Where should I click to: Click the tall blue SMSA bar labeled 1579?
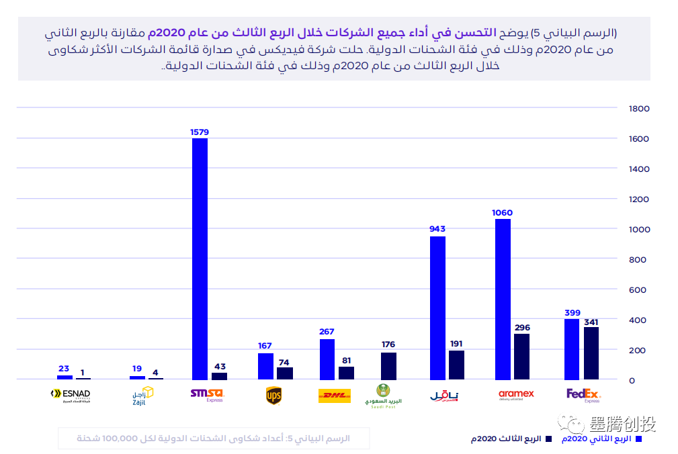200,259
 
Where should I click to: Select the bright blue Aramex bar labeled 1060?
503,300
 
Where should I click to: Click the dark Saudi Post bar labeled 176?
388,367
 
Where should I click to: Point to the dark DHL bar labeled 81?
346,373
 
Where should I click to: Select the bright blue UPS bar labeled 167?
265,367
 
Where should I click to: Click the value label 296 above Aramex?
522,328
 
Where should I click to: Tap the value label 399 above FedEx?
572,313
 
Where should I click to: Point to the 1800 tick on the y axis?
638,108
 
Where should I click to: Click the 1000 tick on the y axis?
638,229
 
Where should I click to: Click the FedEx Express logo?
583,395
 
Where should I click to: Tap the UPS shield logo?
273,396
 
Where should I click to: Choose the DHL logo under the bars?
334,396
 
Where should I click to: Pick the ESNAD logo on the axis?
70,396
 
